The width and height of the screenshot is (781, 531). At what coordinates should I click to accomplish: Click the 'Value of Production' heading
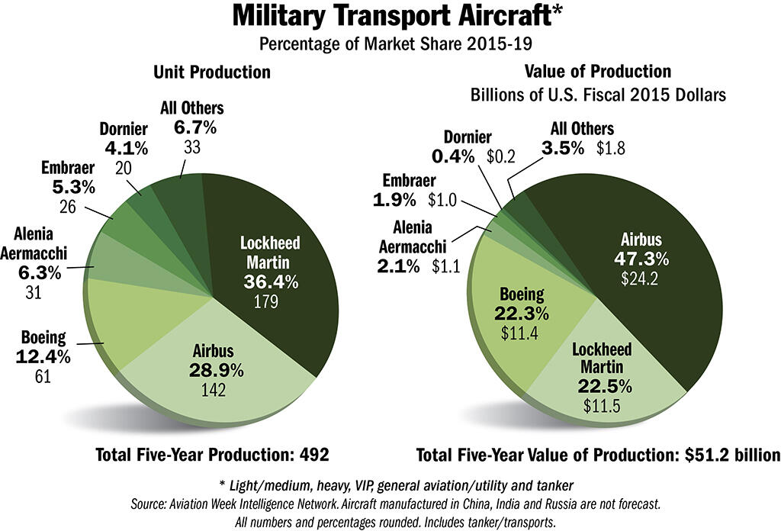point(597,72)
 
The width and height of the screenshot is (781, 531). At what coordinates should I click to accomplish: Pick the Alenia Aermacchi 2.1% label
point(413,267)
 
